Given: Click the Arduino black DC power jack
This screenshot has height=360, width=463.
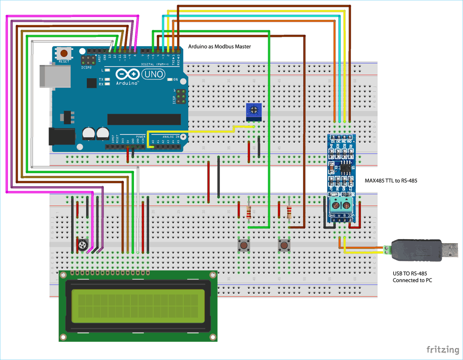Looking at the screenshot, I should tap(61, 137).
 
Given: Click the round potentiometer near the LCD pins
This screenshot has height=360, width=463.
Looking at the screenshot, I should tap(82, 244).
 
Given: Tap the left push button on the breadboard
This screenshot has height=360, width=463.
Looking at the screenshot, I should tap(243, 245).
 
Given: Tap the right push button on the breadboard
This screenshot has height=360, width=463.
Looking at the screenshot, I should tap(284, 245).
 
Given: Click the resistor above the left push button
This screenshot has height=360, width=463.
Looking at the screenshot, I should tap(249, 212).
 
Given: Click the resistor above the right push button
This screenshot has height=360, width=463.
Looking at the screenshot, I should tap(289, 212).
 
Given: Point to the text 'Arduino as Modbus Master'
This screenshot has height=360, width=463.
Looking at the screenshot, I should tap(220, 46).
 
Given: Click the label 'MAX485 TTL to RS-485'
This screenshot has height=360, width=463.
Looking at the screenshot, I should tap(391, 180).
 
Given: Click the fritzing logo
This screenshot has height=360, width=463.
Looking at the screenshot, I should tap(442, 349).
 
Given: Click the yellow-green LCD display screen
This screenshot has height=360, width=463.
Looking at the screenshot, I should tap(138, 306).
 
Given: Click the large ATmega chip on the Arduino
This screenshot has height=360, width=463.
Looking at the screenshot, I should tap(144, 119).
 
